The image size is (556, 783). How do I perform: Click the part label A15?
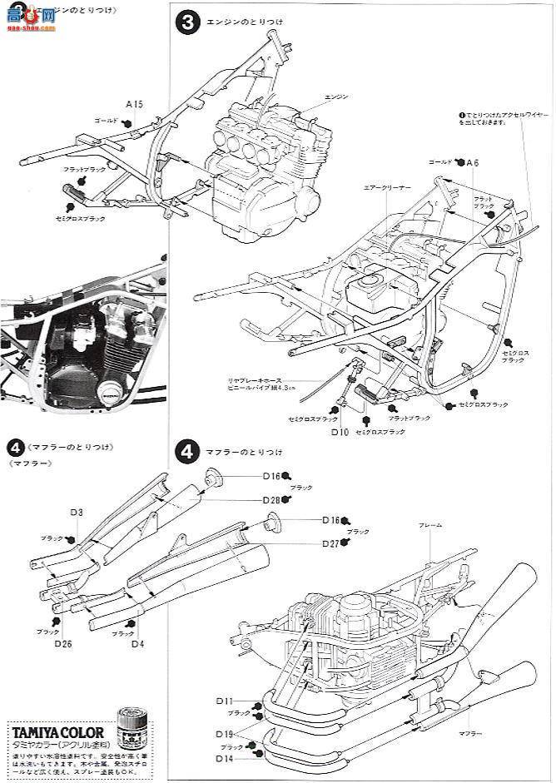(x=135, y=104)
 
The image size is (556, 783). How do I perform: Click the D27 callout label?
(x=331, y=543)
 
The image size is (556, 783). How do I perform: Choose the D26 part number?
(x=63, y=642)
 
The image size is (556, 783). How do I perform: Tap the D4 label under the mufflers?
(x=137, y=642)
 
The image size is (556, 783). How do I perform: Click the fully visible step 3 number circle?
(x=187, y=24)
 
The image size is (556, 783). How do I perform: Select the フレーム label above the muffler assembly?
(x=431, y=525)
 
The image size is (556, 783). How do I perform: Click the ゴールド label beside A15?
(x=107, y=120)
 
